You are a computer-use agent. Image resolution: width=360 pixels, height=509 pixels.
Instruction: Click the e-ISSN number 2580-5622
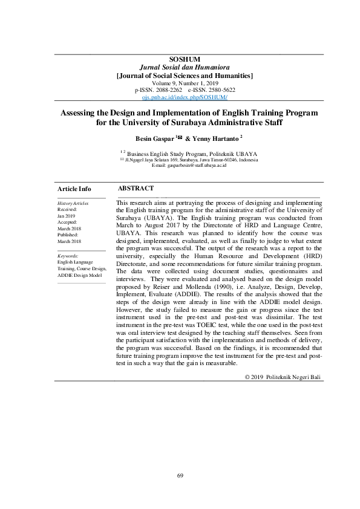coord(220,89)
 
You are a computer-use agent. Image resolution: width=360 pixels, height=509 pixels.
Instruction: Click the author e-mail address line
coord(189,165)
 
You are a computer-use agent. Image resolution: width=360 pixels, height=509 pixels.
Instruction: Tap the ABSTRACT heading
coord(136,189)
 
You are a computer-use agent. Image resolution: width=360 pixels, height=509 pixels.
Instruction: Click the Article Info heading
coord(74,189)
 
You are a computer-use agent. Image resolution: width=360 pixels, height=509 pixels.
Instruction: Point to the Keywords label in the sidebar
coord(68,256)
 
